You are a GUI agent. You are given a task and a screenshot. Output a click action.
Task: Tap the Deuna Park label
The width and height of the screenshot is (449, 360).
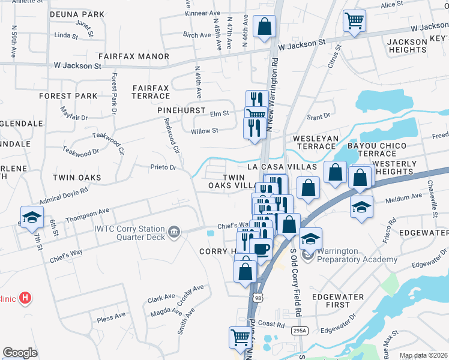pyautogui.click(x=77, y=13)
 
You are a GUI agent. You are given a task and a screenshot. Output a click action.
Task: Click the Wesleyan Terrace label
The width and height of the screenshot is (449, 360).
pyautogui.click(x=314, y=142)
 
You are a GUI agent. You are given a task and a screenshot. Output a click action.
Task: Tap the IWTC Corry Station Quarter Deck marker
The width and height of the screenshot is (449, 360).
pyautogui.click(x=174, y=232)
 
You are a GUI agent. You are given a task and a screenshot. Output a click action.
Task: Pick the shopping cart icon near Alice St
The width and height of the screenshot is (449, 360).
pyautogui.click(x=354, y=21)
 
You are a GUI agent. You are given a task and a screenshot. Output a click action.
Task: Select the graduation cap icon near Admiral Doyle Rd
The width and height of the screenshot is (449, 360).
pyautogui.click(x=32, y=217)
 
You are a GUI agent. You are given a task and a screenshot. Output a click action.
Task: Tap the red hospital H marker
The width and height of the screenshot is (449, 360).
pyautogui.click(x=25, y=297)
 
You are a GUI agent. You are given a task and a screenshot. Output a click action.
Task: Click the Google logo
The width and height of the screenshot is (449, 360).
pyautogui.click(x=20, y=353)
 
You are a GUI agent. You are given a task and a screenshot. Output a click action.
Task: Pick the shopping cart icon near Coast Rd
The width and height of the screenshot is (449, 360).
pyautogui.click(x=240, y=337)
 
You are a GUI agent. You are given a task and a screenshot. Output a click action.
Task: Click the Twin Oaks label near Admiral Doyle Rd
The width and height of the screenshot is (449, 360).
pyautogui.click(x=77, y=178)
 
